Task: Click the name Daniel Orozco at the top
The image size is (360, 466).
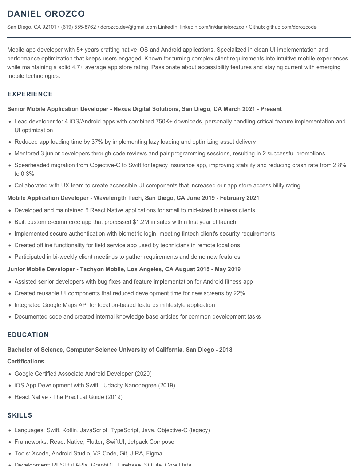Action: coord(46,14)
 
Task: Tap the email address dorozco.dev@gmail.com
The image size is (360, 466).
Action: coord(128,27)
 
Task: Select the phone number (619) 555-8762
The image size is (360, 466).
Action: coord(78,27)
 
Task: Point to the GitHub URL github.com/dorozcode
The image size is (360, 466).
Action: coord(291,27)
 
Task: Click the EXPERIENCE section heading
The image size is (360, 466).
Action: coord(30,94)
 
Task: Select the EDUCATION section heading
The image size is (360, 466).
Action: coord(28,335)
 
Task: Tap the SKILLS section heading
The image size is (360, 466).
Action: coord(20,415)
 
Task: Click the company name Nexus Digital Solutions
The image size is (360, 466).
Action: coord(146,109)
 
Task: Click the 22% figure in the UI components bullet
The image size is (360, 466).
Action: coord(239,293)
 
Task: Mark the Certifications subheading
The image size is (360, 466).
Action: coord(25,362)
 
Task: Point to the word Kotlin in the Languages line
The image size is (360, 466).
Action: coord(70,430)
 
